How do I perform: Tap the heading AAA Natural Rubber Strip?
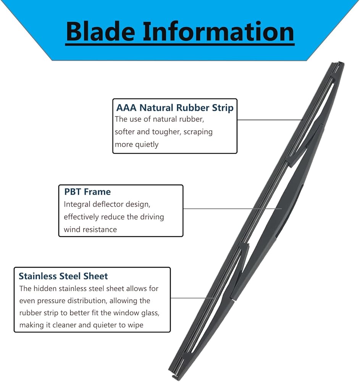[174, 108]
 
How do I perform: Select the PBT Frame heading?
[87, 192]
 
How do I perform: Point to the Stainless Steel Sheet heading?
[63, 276]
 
